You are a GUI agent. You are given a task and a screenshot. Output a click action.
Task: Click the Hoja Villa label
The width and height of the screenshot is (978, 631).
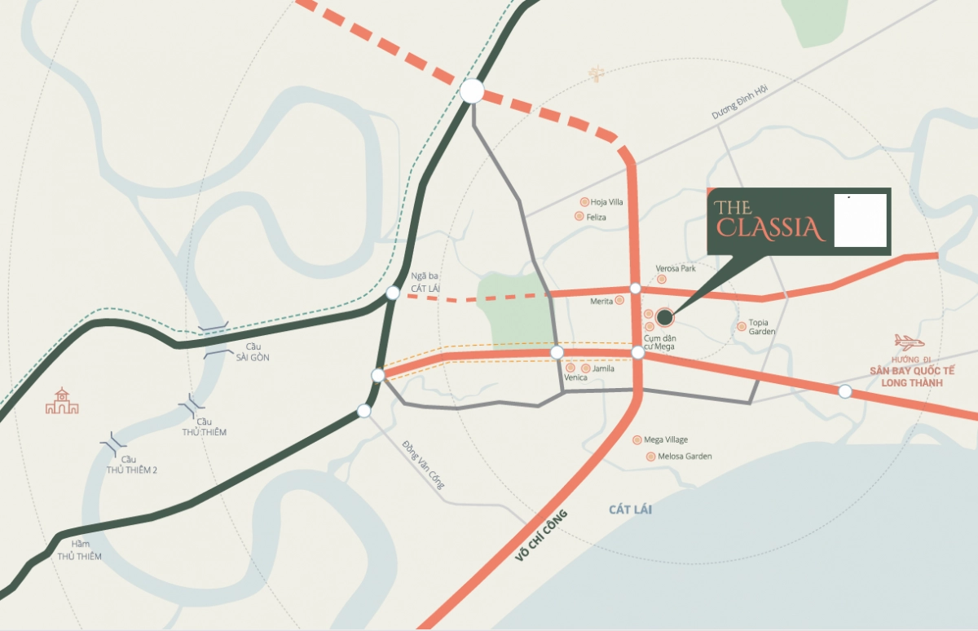click(x=607, y=202)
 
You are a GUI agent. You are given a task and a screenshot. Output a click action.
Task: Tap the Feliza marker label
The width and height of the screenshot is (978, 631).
click(x=596, y=217)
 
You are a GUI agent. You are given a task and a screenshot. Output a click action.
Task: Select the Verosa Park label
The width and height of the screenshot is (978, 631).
click(x=676, y=268)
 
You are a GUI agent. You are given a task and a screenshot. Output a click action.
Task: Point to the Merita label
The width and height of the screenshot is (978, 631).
click(x=601, y=301)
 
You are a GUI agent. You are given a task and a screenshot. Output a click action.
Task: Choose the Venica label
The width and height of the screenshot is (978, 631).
click(x=575, y=377)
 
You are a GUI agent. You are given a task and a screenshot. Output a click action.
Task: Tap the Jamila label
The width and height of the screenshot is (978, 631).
click(x=603, y=368)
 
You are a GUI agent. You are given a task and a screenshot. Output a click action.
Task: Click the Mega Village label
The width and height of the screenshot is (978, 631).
click(x=666, y=439)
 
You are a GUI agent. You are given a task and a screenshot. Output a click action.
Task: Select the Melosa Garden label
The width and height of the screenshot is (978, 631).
click(x=685, y=457)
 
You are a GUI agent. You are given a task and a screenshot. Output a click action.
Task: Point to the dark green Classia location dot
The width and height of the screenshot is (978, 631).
click(x=664, y=316)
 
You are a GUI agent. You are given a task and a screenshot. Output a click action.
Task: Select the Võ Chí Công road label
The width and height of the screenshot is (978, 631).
click(x=540, y=534)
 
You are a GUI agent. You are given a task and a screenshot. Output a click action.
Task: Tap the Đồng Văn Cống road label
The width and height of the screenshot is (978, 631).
click(x=424, y=465)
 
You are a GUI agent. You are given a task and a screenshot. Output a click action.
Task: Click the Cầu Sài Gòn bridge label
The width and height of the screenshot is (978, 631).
click(x=253, y=352)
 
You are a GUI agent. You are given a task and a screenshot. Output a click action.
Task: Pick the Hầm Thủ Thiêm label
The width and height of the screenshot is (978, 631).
click(x=79, y=550)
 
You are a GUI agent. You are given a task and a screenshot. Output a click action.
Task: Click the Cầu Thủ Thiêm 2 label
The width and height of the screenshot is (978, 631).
click(x=131, y=465)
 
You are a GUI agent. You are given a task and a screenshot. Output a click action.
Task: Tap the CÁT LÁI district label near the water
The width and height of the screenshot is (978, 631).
click(x=630, y=510)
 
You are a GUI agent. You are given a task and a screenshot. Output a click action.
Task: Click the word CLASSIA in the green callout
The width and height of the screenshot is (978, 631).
click(x=772, y=228)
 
